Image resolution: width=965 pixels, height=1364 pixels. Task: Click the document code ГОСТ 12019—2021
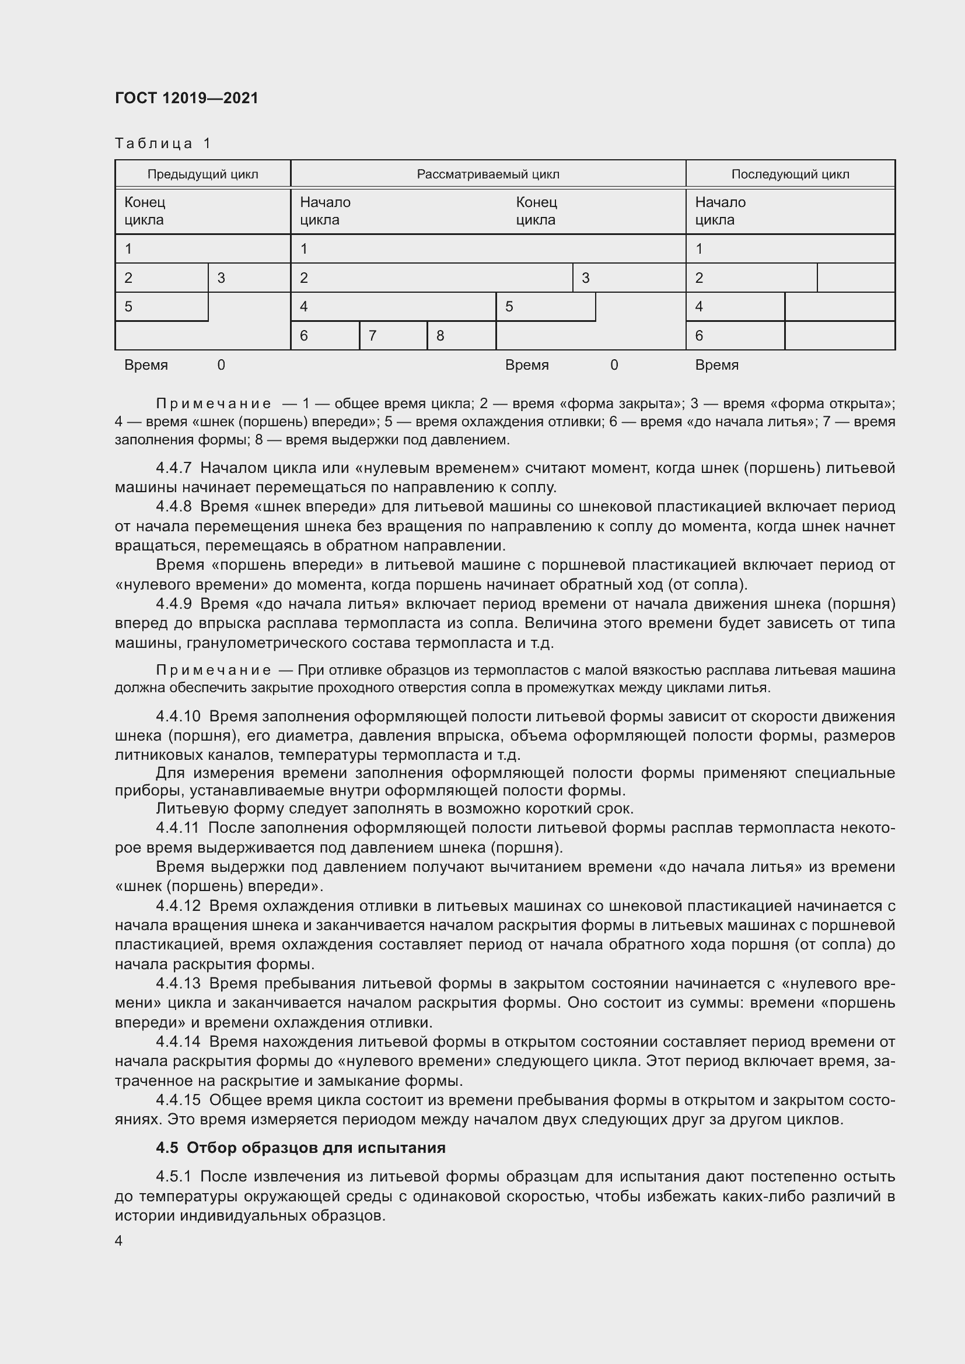[x=187, y=98]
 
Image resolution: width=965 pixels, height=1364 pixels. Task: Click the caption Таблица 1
[x=163, y=143]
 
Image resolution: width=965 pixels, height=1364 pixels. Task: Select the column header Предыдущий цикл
[x=202, y=174]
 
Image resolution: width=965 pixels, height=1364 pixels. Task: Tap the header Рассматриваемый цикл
[x=488, y=174]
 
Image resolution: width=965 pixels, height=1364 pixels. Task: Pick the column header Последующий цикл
[x=790, y=174]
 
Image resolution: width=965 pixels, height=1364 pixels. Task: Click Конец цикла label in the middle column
[x=536, y=211]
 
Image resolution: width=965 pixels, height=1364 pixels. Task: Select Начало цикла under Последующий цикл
[x=720, y=211]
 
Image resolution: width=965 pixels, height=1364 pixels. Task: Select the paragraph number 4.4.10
[x=179, y=717]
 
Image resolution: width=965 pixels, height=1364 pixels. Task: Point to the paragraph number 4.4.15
[x=179, y=1100]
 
